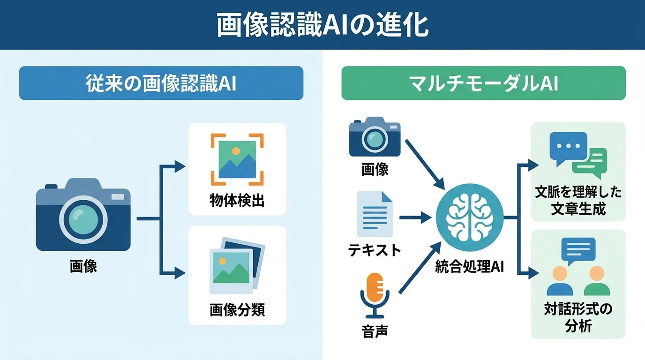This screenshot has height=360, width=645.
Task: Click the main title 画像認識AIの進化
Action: (x=322, y=25)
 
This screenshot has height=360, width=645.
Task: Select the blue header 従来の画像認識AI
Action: (x=161, y=83)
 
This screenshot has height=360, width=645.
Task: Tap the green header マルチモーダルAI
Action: (x=483, y=83)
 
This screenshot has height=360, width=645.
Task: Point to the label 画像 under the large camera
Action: (x=83, y=267)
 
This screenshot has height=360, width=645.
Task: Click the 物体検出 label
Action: (x=237, y=201)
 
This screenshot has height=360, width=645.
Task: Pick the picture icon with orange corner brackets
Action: (x=237, y=159)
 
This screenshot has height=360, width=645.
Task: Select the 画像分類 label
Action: (x=237, y=309)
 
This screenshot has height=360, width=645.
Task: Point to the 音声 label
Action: (x=375, y=331)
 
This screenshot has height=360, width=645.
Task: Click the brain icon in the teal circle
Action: (x=469, y=216)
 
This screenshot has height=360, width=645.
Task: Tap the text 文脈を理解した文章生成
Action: (x=578, y=201)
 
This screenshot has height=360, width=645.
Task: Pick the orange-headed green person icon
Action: (x=597, y=281)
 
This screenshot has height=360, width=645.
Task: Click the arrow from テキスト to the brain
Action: (x=414, y=217)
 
